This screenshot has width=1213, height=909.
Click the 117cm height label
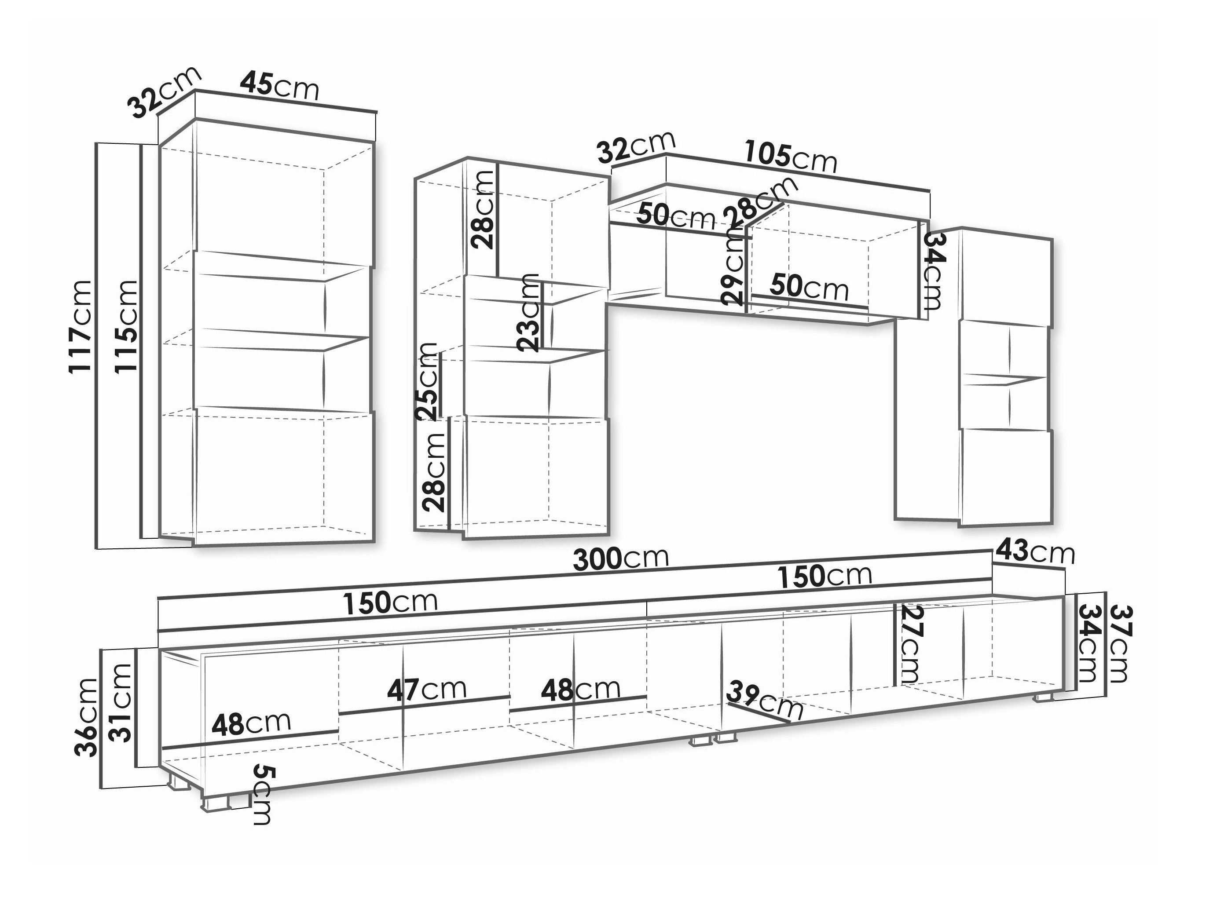(81, 326)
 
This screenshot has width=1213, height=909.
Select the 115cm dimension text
(126, 326)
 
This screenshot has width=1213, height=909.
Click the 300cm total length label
(621, 558)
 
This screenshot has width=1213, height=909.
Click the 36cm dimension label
(86, 717)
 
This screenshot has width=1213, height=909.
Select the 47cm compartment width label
(427, 690)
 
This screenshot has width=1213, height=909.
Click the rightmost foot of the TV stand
(1044, 698)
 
